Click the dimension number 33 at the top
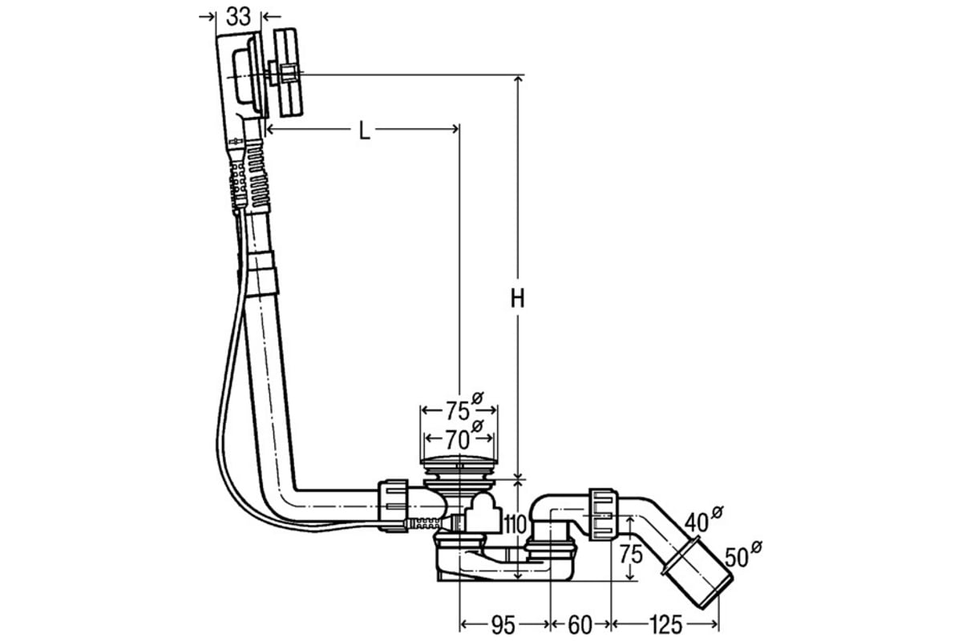[238, 17]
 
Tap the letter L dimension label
[364, 131]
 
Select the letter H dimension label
[518, 298]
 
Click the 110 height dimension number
[515, 524]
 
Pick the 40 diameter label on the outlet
[703, 519]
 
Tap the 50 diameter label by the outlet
[743, 554]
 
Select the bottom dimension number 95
[503, 625]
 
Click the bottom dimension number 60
[580, 625]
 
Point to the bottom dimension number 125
[665, 625]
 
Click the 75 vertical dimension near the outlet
[630, 554]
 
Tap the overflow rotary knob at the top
[288, 72]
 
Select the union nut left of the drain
[393, 506]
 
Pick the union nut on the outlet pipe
[603, 514]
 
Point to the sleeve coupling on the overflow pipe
[262, 273]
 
